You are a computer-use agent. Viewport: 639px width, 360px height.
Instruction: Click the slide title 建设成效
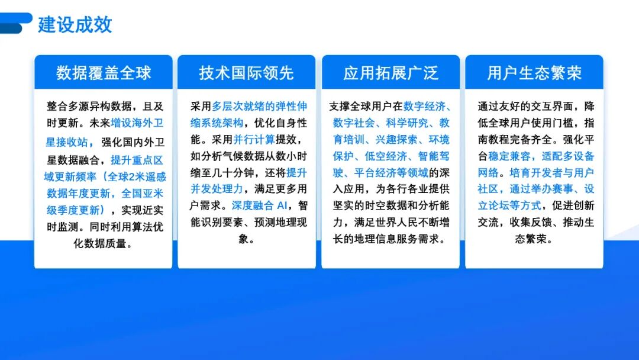[75, 25]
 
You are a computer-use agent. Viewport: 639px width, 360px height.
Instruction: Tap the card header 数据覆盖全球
[104, 73]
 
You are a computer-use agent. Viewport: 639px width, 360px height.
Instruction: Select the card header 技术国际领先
[247, 73]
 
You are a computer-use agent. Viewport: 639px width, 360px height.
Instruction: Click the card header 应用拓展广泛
[390, 73]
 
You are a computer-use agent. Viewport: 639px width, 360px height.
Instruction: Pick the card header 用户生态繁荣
[534, 73]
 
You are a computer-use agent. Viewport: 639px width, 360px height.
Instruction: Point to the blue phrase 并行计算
[254, 140]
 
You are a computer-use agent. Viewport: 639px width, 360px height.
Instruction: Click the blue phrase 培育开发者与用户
[551, 173]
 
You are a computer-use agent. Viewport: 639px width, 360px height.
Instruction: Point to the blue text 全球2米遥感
[133, 176]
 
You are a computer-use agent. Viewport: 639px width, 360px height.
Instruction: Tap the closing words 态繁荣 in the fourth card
[534, 239]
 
